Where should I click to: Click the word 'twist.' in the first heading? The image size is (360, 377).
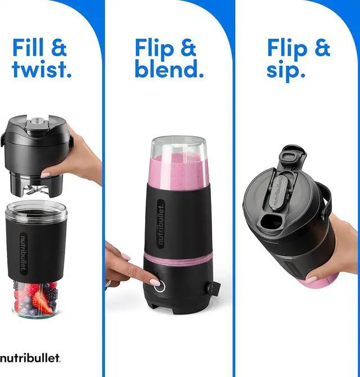click(x=42, y=69)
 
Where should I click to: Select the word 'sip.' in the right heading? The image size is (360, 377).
click(x=286, y=70)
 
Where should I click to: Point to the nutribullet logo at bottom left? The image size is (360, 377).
click(x=30, y=358)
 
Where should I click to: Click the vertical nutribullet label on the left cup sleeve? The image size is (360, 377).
click(x=24, y=254)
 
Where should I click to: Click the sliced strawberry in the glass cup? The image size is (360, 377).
click(x=40, y=302)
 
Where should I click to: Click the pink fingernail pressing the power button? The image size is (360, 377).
click(x=154, y=281)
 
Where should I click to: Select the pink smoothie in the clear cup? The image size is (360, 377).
click(x=178, y=171)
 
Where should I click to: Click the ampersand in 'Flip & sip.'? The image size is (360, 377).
click(x=322, y=48)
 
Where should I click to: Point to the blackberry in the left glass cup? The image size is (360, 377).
click(x=52, y=293)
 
